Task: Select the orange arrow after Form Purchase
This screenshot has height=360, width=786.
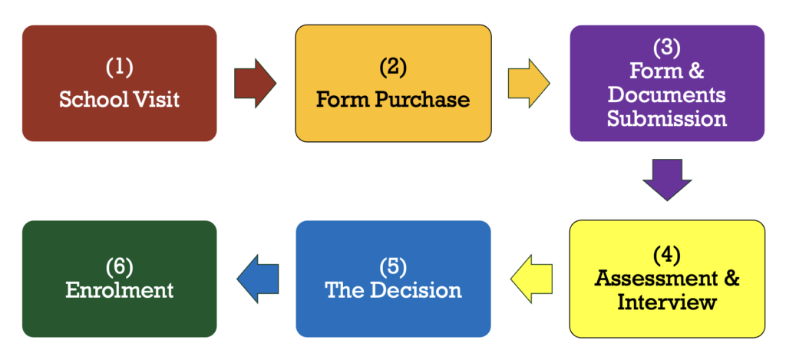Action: (528, 82)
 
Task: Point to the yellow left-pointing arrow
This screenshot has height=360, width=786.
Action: (531, 278)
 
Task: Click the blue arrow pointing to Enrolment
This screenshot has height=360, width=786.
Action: (257, 278)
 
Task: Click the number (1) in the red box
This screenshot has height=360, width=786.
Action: (119, 68)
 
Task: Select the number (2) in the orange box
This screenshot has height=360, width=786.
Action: (393, 68)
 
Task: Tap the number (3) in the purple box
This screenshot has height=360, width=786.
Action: (666, 48)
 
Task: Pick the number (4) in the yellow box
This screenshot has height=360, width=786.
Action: (666, 253)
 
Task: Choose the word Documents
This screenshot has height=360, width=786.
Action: (666, 95)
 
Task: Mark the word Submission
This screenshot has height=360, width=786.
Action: (666, 119)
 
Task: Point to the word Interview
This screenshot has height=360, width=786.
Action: (666, 302)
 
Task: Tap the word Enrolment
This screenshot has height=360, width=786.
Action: (119, 290)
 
